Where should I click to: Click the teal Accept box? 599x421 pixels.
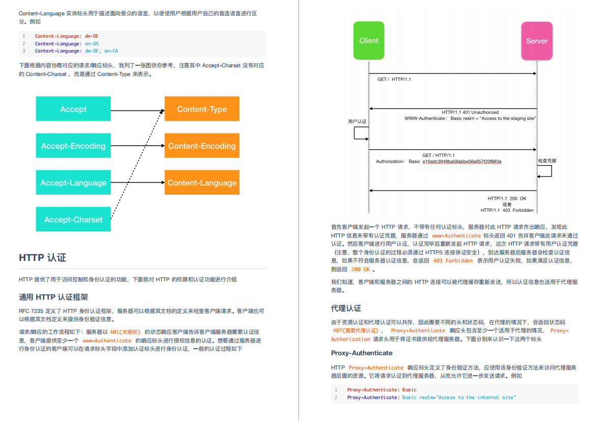click(73, 109)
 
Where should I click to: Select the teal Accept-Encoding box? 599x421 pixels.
click(73, 146)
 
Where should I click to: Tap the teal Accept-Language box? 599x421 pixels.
click(73, 182)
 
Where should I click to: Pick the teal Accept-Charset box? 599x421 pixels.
click(73, 220)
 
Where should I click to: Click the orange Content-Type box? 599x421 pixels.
click(202, 109)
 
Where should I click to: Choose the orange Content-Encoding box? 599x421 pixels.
click(202, 146)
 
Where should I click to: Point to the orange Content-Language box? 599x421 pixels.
click(202, 182)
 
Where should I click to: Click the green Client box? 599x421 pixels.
click(369, 41)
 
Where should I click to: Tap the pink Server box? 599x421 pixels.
click(537, 41)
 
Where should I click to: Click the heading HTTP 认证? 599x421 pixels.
click(43, 257)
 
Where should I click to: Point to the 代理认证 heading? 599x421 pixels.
click(346, 308)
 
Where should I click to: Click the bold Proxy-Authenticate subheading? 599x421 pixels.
click(362, 353)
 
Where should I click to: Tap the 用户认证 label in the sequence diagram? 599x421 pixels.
click(357, 122)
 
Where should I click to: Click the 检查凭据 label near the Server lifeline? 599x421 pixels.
click(547, 161)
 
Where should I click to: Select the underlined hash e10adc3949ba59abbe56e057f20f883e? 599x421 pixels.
click(462, 162)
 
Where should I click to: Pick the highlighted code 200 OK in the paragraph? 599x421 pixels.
click(360, 269)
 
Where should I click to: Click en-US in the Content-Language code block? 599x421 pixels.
click(92, 44)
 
